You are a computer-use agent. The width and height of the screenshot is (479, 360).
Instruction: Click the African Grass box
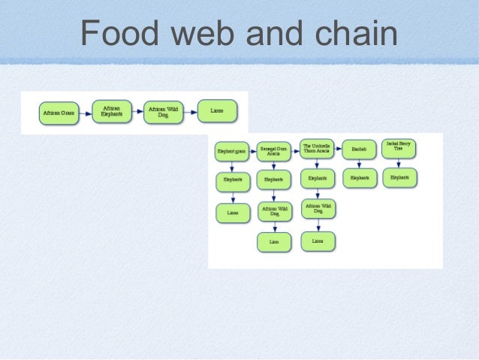[x=59, y=113]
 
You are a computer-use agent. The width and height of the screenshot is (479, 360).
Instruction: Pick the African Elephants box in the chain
[x=112, y=111]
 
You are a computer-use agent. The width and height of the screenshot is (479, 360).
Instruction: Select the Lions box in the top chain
[x=217, y=111]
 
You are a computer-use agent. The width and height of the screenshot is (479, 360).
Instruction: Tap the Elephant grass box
[x=231, y=151]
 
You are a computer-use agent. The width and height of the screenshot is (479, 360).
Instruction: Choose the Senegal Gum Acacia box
[x=273, y=151]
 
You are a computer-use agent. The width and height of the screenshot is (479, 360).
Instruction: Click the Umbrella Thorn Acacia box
[x=316, y=148]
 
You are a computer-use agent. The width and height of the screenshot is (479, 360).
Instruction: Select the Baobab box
[x=360, y=150]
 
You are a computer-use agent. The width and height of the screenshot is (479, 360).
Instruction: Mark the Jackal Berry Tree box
[x=399, y=147]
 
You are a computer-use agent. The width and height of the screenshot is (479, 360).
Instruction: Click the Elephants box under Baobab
[x=360, y=179]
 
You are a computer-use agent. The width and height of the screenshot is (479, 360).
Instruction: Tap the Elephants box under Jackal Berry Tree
[x=399, y=178]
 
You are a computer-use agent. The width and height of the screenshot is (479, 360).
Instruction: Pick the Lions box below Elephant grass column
[x=232, y=213]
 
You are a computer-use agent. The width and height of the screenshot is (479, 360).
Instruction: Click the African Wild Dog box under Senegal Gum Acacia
[x=274, y=211]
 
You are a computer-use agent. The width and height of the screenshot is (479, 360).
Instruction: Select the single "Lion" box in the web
[x=274, y=242]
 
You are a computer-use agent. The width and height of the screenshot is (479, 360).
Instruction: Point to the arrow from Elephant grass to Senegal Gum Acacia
[x=252, y=151]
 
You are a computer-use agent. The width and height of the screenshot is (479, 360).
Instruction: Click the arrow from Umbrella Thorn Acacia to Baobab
[x=338, y=150]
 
